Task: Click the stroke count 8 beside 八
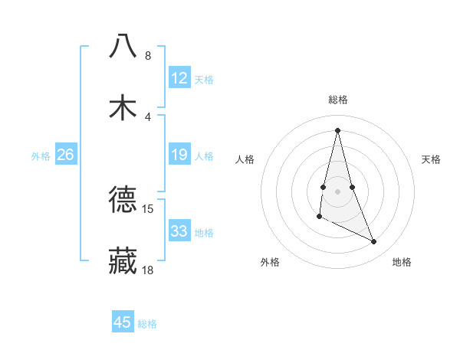tap(148, 56)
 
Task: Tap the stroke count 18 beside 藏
tap(148, 270)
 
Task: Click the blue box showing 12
tap(179, 78)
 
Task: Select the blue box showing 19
tap(179, 155)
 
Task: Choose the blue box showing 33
tap(179, 231)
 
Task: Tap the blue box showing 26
tap(65, 155)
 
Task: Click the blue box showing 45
tap(123, 322)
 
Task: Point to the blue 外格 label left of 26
tap(41, 155)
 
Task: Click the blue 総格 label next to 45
tap(147, 323)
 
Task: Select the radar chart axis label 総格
tap(338, 100)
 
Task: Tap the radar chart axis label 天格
tap(432, 159)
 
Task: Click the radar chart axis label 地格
tap(402, 262)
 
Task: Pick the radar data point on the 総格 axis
tap(338, 129)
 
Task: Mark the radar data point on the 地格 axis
tap(374, 242)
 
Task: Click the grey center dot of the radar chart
tap(338, 191)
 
